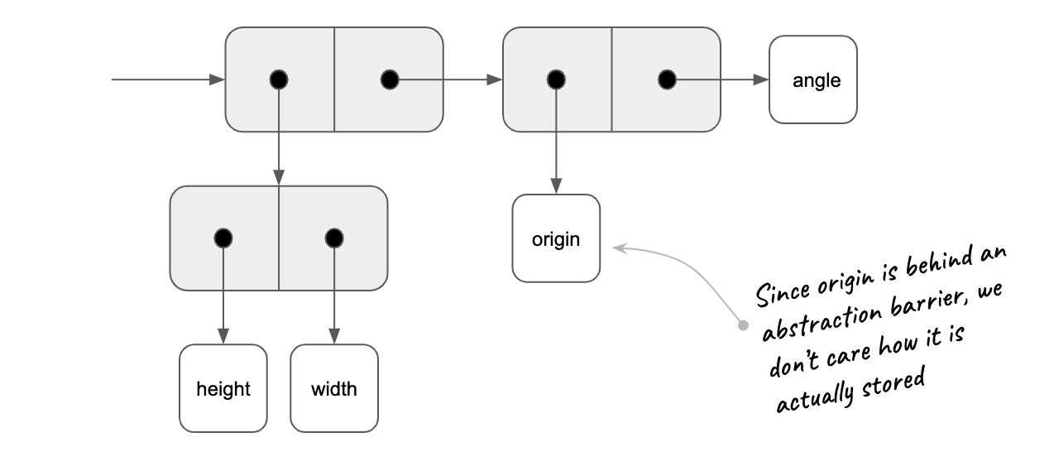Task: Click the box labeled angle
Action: click(x=812, y=80)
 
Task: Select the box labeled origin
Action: click(x=556, y=238)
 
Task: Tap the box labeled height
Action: click(x=223, y=388)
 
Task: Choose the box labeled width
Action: click(x=334, y=388)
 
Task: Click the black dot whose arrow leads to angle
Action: click(x=666, y=79)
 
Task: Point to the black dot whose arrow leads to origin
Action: click(x=556, y=79)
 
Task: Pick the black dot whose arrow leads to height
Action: click(x=223, y=238)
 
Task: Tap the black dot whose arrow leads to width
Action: click(x=334, y=238)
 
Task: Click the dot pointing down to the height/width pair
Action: click(x=279, y=79)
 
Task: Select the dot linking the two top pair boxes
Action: click(x=390, y=79)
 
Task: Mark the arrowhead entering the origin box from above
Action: click(x=556, y=187)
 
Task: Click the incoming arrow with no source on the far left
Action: click(x=165, y=79)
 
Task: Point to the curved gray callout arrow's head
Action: click(x=618, y=246)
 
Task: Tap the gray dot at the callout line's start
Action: click(x=743, y=325)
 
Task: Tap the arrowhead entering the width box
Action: click(x=334, y=337)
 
